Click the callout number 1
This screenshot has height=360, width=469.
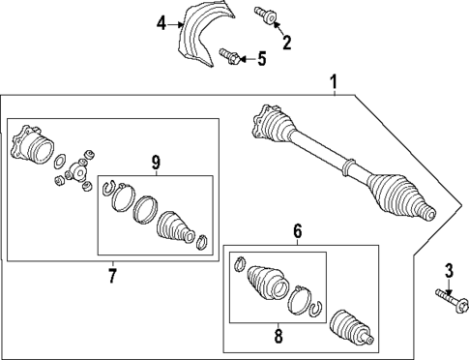pyautogui.click(x=334, y=82)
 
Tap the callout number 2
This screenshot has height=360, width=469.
pyautogui.click(x=286, y=43)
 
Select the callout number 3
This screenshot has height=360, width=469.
pyautogui.click(x=449, y=271)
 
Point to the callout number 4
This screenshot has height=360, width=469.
pyautogui.click(x=161, y=23)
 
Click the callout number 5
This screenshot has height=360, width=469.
pyautogui.click(x=262, y=59)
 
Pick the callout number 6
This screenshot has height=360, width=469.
pyautogui.click(x=297, y=231)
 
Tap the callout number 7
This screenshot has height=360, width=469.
pyautogui.click(x=112, y=276)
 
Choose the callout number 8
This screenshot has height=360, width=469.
pyautogui.click(x=278, y=336)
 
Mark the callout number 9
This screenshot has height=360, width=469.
pyautogui.click(x=156, y=163)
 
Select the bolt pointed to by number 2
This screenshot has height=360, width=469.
pyautogui.click(x=265, y=15)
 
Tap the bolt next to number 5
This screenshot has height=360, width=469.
pyautogui.click(x=229, y=56)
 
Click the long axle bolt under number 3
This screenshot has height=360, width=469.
pyautogui.click(x=452, y=301)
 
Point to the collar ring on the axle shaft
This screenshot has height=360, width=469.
pyautogui.click(x=347, y=167)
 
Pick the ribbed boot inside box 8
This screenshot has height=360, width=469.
pyautogui.click(x=267, y=283)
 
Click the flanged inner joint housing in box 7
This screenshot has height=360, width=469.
pyautogui.click(x=32, y=145)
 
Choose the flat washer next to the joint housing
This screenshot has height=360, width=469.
pyautogui.click(x=60, y=161)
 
